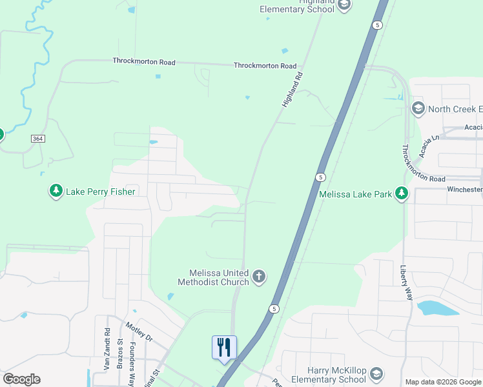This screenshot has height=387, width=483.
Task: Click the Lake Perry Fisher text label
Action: click(x=99, y=192)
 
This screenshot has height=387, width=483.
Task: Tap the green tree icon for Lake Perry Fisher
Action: click(x=56, y=191)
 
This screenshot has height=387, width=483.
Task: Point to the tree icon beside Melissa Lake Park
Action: click(x=402, y=193)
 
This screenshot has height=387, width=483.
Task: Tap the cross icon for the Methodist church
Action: click(x=258, y=277)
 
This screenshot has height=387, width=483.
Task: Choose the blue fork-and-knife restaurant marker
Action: click(x=224, y=348)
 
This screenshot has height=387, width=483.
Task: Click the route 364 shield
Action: click(x=37, y=139)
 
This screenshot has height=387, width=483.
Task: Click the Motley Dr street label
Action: click(x=139, y=332)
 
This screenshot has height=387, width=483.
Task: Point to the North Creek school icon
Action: click(x=418, y=108)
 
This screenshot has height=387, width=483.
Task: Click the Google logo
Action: click(x=21, y=379)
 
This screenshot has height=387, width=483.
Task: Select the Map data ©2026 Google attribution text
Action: click(x=443, y=382)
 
